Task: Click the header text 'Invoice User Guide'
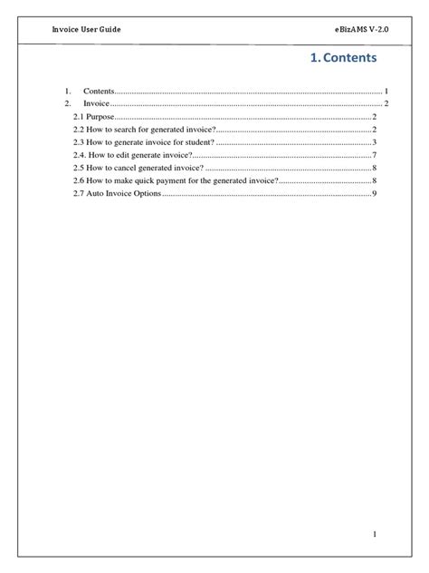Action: click(86, 30)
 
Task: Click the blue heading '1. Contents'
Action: click(343, 58)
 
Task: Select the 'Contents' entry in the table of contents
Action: click(99, 92)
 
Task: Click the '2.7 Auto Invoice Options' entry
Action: click(116, 194)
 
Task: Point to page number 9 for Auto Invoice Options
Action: click(374, 194)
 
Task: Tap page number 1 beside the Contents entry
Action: click(386, 92)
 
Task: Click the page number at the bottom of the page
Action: click(374, 535)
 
